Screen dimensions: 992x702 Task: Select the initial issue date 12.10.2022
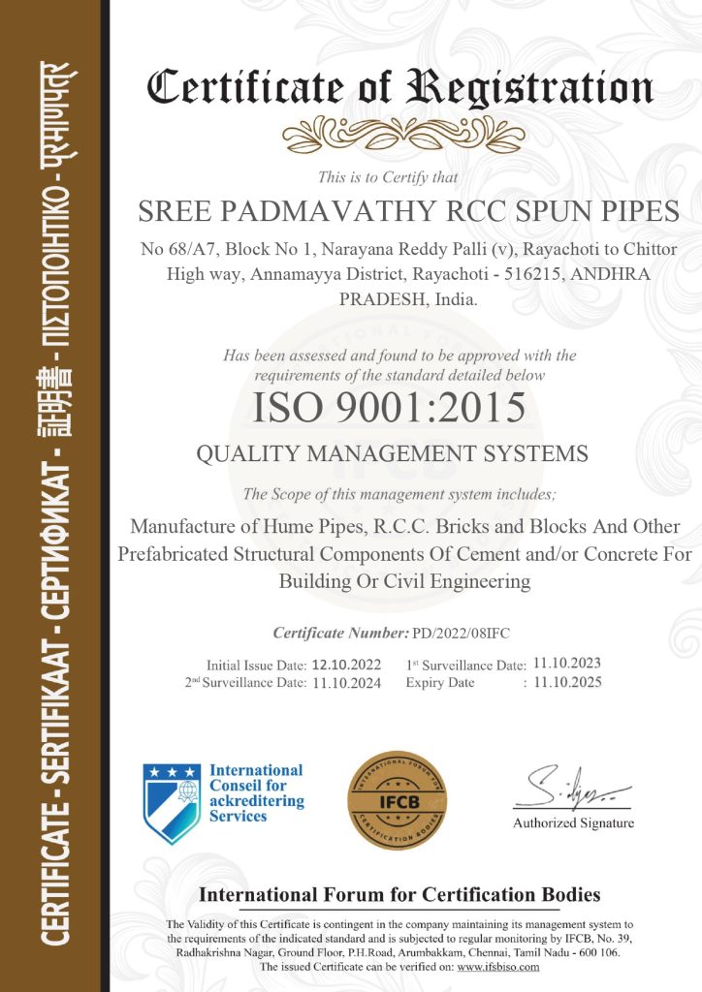[x=347, y=666]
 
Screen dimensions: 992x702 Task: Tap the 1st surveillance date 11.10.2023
[x=567, y=664]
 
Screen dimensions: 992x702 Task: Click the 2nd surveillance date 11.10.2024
[x=347, y=683]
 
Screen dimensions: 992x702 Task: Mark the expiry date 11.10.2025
[x=567, y=682]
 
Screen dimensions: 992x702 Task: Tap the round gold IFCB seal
[x=398, y=800]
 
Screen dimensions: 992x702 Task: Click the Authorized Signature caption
[x=573, y=823]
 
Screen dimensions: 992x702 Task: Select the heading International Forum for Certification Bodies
[x=399, y=894]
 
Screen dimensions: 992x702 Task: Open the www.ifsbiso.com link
[x=498, y=967]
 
